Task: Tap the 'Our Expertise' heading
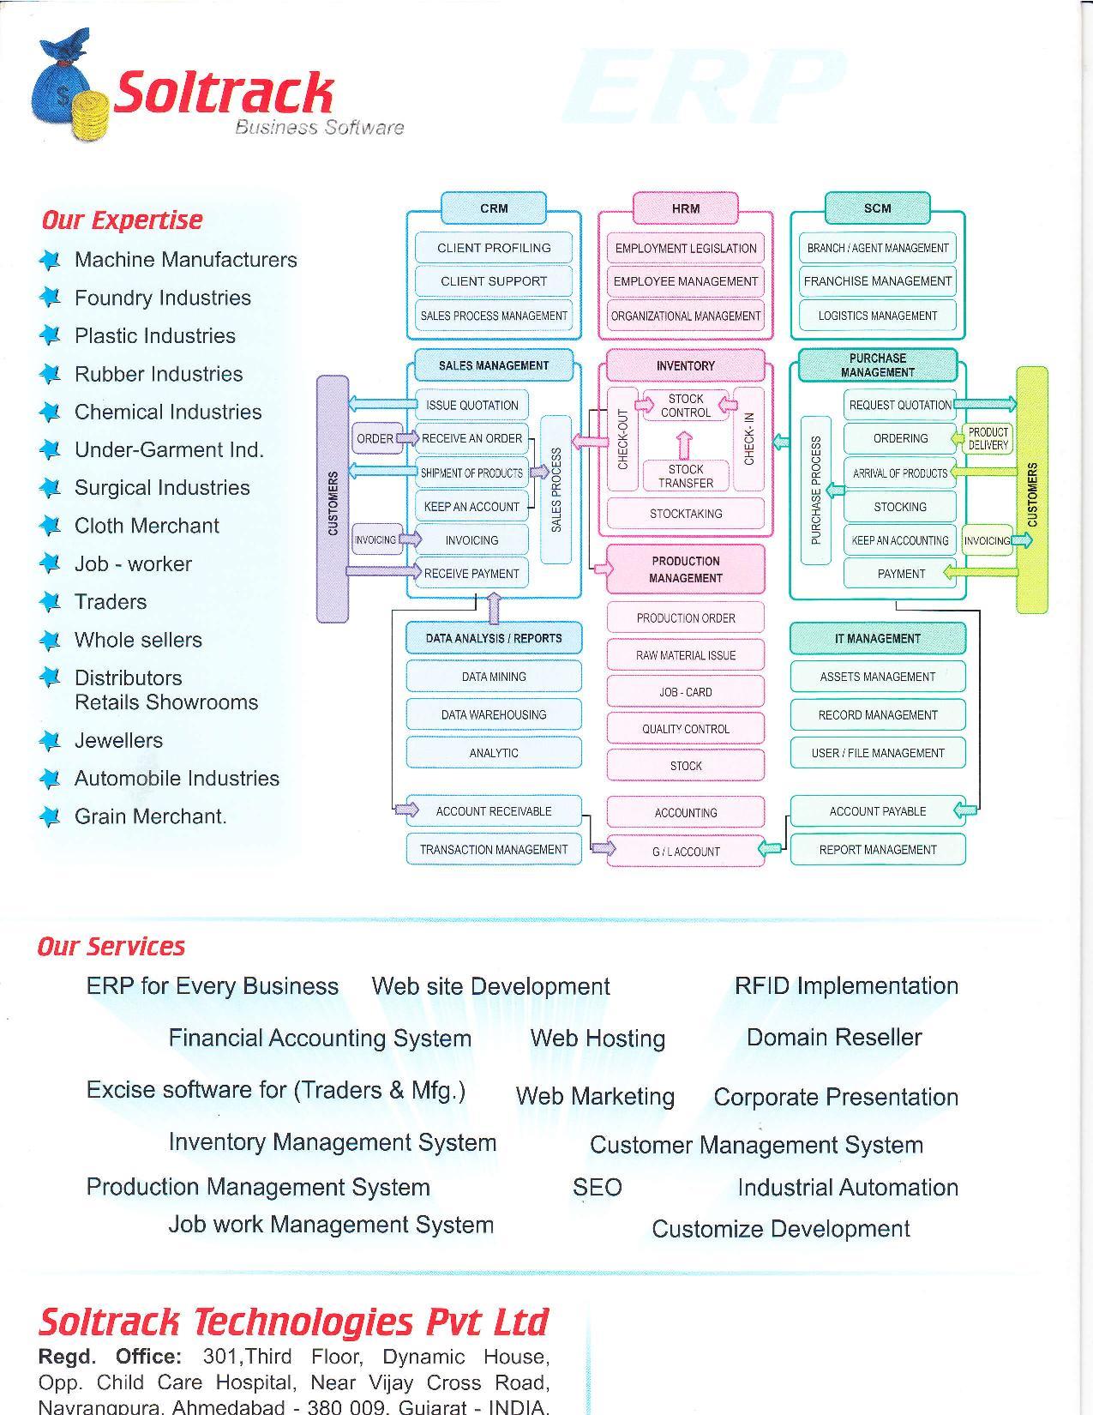pyautogui.click(x=122, y=220)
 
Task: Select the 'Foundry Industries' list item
pyautogui.click(x=162, y=298)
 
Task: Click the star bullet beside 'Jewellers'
pyautogui.click(x=51, y=740)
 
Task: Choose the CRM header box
pyautogui.click(x=494, y=208)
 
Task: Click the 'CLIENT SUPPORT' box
pyautogui.click(x=494, y=281)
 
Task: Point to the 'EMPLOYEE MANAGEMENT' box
pyautogui.click(x=685, y=281)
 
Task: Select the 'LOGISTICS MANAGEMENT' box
pyautogui.click(x=877, y=316)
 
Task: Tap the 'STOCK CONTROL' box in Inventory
pyautogui.click(x=685, y=406)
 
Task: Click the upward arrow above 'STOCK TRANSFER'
pyautogui.click(x=684, y=445)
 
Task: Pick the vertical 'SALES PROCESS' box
pyautogui.click(x=556, y=489)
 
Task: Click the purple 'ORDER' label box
pyautogui.click(x=375, y=438)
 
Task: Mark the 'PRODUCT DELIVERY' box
pyautogui.click(x=988, y=438)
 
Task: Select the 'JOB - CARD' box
pyautogui.click(x=685, y=692)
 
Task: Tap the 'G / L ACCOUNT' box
pyautogui.click(x=685, y=851)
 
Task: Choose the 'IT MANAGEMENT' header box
pyautogui.click(x=877, y=638)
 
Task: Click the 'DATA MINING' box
pyautogui.click(x=494, y=677)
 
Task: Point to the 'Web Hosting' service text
pyautogui.click(x=598, y=1038)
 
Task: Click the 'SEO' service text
pyautogui.click(x=597, y=1187)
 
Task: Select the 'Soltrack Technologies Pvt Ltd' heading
pyautogui.click(x=293, y=1322)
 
